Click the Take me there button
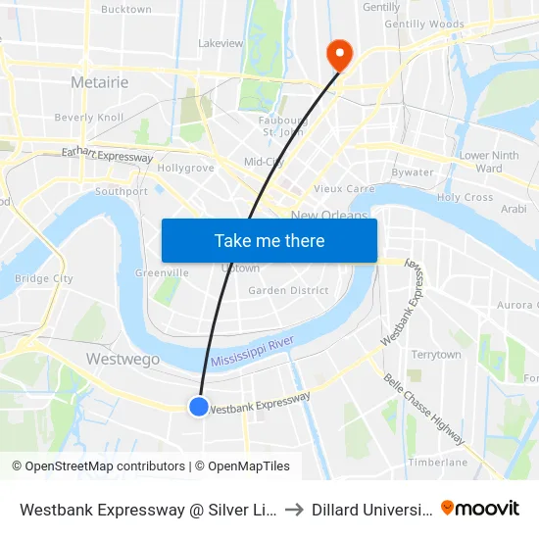(x=269, y=240)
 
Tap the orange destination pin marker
(x=340, y=55)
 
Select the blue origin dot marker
(x=199, y=406)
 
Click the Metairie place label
(x=99, y=82)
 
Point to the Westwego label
(x=122, y=360)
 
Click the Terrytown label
(x=436, y=355)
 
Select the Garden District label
(x=288, y=290)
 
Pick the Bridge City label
(x=44, y=279)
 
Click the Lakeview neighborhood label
(x=220, y=44)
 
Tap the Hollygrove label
(x=185, y=168)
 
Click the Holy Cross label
(x=465, y=197)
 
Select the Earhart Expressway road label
(x=107, y=155)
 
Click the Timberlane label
(x=438, y=463)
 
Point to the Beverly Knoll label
(x=88, y=118)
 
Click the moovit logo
(x=480, y=509)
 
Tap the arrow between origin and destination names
(x=294, y=510)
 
